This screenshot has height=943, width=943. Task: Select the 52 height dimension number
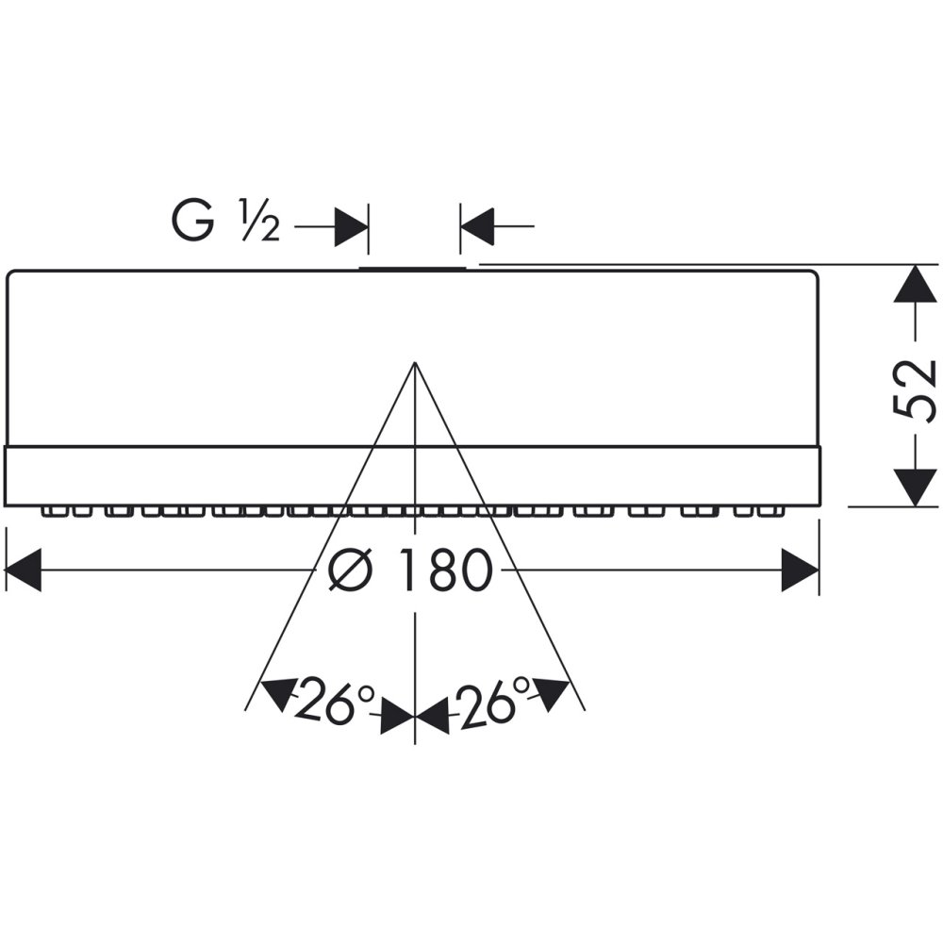(x=914, y=388)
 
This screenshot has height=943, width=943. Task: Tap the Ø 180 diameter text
(x=411, y=571)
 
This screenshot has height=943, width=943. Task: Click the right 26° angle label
(x=494, y=701)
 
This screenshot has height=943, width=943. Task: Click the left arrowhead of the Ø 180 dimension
(x=24, y=571)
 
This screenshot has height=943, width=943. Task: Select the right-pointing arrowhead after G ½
(x=351, y=227)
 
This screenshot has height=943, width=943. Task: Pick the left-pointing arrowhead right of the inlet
(x=478, y=227)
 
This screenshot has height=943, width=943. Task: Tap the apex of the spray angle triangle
(x=415, y=363)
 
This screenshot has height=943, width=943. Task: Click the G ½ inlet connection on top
(x=413, y=268)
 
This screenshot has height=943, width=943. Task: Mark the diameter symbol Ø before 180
(x=349, y=571)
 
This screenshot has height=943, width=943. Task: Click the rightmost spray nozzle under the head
(x=777, y=511)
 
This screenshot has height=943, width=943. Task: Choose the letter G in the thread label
(x=190, y=223)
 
